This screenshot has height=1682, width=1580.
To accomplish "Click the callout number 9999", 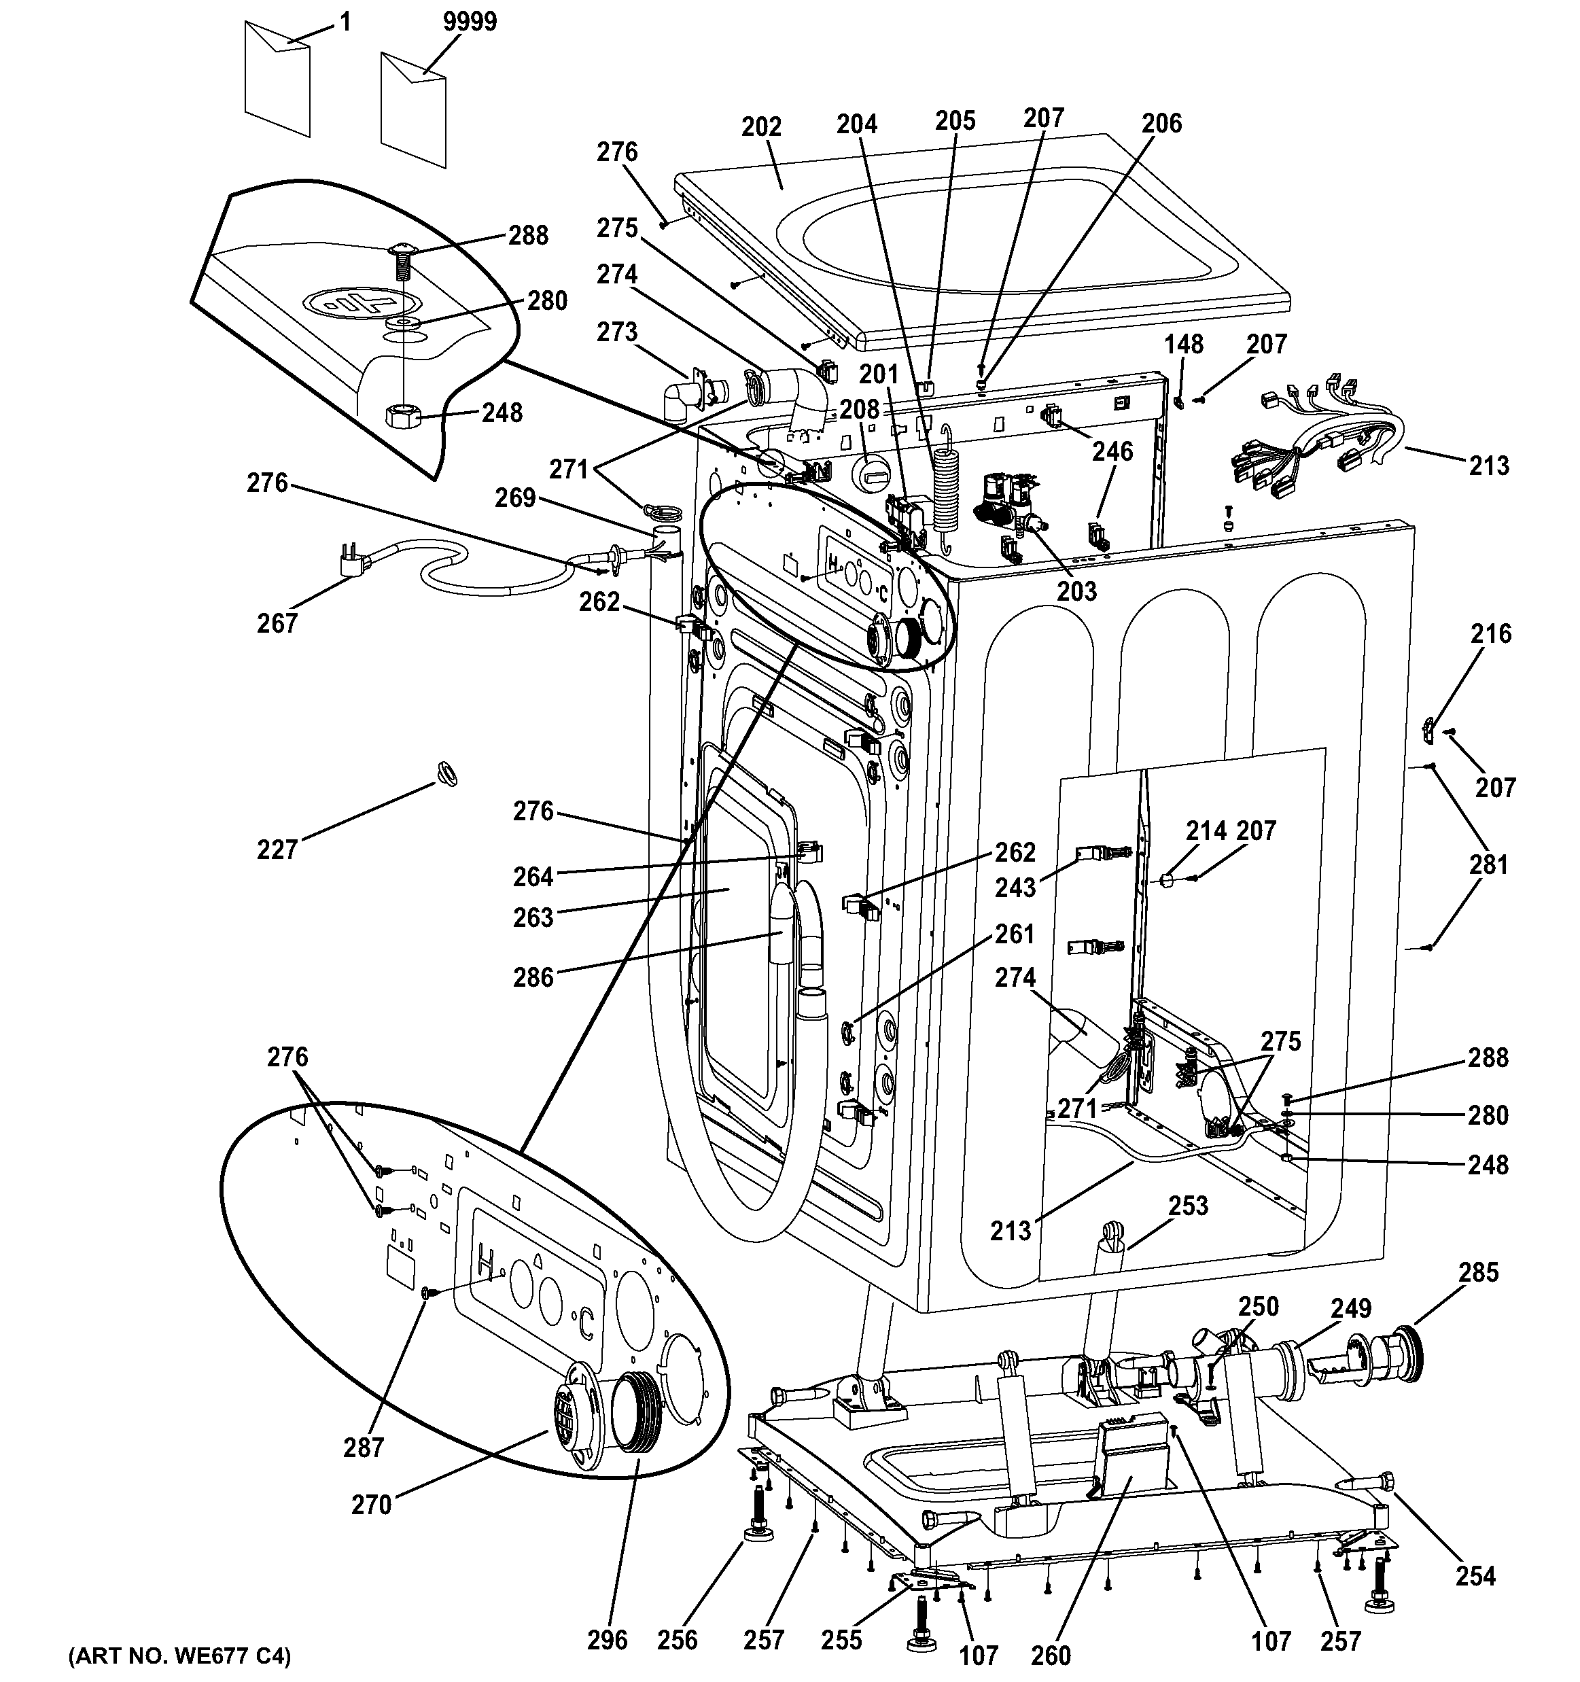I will coord(470,21).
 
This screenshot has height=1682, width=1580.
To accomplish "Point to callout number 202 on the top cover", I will coord(761,127).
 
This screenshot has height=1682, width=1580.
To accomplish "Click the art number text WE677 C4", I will coord(179,1655).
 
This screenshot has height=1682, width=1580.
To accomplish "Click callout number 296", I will coord(608,1639).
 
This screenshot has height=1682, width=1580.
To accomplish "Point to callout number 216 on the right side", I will coord(1490,633).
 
